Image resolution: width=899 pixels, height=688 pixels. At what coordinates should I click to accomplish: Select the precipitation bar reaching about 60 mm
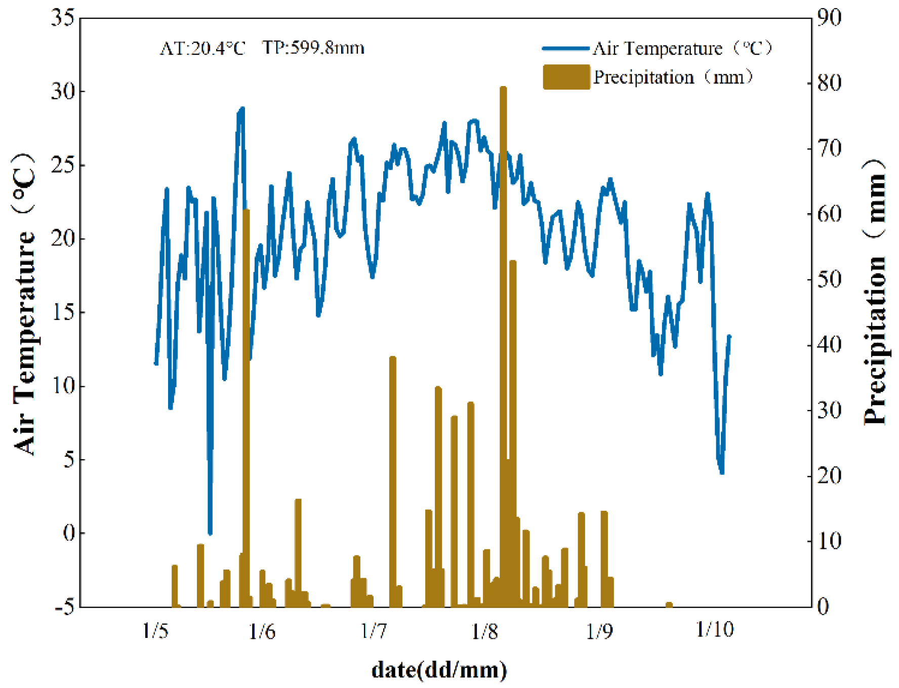coord(246,405)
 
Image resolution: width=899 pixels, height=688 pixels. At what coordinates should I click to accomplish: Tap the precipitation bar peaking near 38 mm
coord(392,481)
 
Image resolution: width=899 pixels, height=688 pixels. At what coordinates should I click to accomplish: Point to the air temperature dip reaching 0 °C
coord(210,532)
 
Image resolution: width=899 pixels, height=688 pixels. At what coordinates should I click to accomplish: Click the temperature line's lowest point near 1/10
coord(722,472)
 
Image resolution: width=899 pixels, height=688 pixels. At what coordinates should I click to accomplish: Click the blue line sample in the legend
coord(565,49)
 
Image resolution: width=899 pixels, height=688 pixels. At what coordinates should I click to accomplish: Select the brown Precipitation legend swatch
coord(566,77)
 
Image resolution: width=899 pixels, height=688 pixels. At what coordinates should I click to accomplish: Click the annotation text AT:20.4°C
coord(202,49)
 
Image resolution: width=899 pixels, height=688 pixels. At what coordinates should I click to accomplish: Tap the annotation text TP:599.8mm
coord(313,49)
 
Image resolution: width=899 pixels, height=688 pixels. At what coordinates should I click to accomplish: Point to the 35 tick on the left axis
coord(63,18)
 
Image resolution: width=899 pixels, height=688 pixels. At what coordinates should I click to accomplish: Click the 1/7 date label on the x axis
coord(374,631)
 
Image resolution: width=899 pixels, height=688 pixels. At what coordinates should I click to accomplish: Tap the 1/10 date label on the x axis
coord(714,630)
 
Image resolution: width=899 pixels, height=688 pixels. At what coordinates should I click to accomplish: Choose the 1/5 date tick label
coord(155,631)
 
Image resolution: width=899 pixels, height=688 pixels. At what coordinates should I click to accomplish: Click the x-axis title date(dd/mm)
coord(439,670)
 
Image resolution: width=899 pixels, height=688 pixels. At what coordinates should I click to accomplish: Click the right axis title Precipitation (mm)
coord(875,294)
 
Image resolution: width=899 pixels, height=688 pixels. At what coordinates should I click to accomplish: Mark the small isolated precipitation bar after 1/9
coord(669,604)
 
